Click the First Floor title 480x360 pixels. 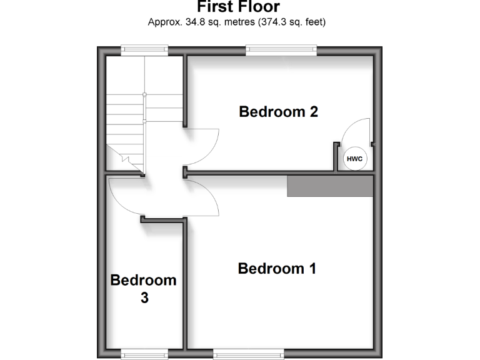[239, 7]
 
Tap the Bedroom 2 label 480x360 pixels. [279, 112]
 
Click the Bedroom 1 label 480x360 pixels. [277, 269]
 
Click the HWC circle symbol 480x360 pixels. [354, 159]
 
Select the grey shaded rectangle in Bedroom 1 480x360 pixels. [329, 186]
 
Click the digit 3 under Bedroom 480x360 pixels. [144, 298]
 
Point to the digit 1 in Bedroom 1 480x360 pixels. [311, 269]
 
